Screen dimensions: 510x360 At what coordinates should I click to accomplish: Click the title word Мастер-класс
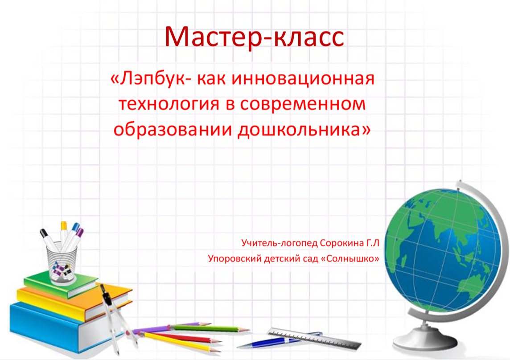(x=255, y=37)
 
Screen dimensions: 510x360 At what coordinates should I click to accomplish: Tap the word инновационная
(x=303, y=79)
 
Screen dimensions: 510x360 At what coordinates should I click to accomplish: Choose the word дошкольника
(x=299, y=130)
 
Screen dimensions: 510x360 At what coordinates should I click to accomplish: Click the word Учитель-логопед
(x=280, y=243)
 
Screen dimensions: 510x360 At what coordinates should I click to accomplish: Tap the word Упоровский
(x=234, y=259)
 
